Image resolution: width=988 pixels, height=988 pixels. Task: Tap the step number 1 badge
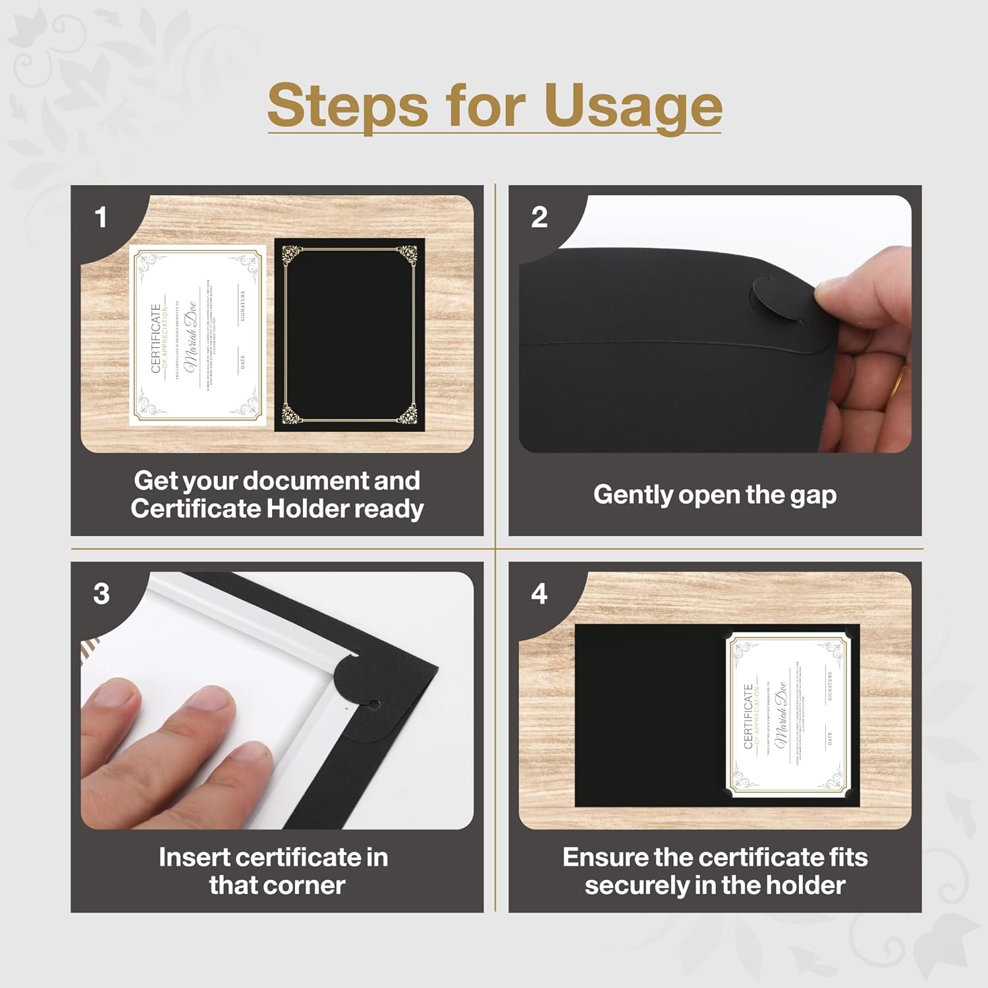coord(101,217)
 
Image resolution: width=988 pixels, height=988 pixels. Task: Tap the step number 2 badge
coord(539,217)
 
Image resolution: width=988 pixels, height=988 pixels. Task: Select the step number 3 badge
coord(101,594)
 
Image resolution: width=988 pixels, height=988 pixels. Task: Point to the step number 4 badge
coord(539,594)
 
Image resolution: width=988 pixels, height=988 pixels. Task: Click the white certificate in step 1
coord(198,336)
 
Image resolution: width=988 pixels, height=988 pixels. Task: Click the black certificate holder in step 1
coord(349,336)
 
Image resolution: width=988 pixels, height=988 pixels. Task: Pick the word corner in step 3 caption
coord(312,885)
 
